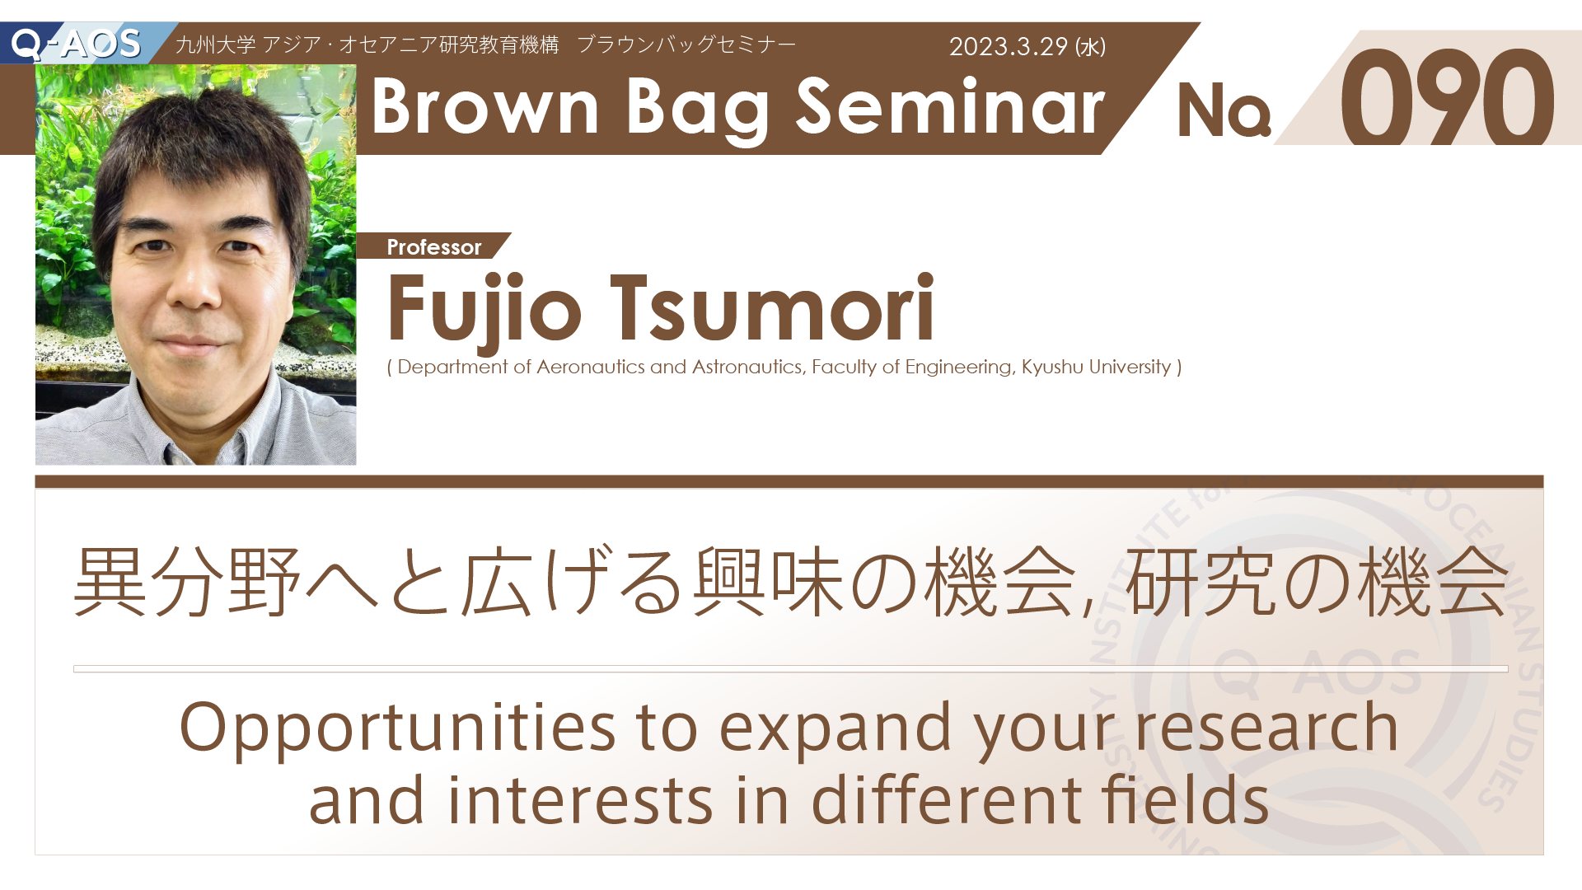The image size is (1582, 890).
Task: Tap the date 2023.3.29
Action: (1008, 46)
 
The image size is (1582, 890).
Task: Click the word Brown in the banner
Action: (485, 107)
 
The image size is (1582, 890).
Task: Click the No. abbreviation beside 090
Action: (1224, 110)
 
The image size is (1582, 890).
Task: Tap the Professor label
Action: (434, 246)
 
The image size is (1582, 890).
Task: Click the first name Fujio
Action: (484, 308)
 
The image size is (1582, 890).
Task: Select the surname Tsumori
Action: (772, 308)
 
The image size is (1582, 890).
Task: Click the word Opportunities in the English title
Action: (397, 728)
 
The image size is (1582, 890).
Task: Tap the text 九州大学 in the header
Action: (216, 44)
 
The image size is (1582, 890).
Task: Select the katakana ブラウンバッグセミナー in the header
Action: (686, 44)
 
